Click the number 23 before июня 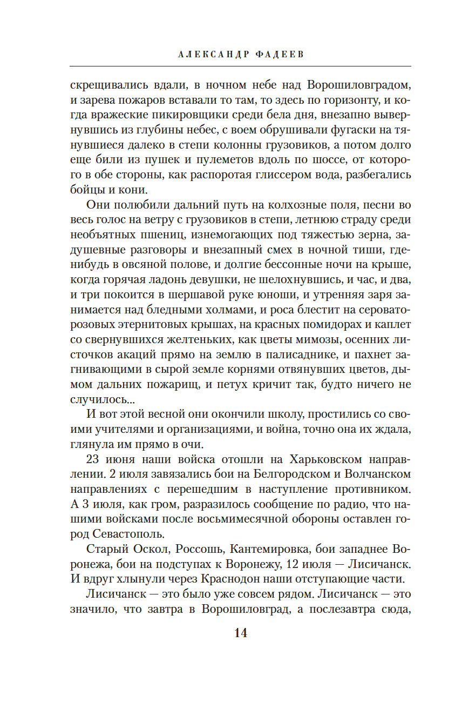[95, 459]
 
